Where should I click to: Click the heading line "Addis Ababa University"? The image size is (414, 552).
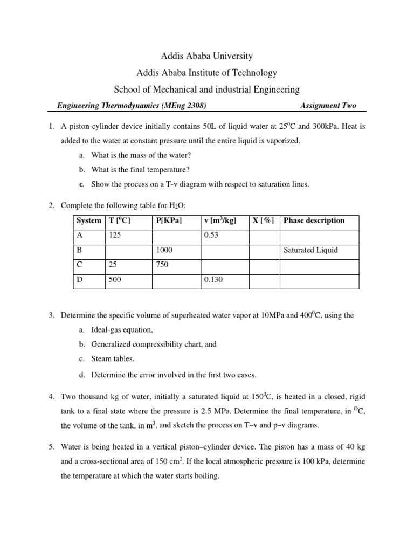(206, 56)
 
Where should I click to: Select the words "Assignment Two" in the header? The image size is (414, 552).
(330, 106)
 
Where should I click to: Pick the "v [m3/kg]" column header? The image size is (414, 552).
(220, 220)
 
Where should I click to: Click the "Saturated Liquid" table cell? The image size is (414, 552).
(311, 251)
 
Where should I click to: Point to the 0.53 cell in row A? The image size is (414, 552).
(210, 236)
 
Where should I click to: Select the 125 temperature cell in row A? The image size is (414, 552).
(114, 236)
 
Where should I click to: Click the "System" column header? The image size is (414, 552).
(88, 220)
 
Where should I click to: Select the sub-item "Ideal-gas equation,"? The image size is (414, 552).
(122, 329)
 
